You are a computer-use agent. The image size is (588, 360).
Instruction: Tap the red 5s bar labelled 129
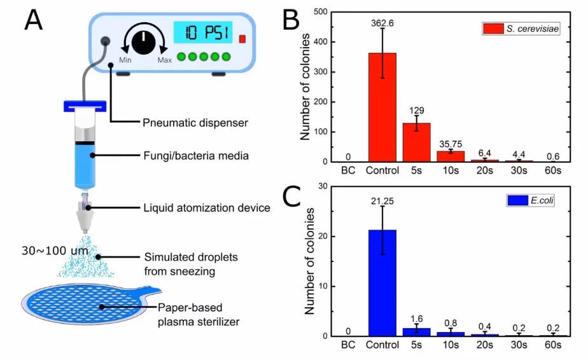[x=416, y=142]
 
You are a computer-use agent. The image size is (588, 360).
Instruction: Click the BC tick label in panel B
[x=348, y=170]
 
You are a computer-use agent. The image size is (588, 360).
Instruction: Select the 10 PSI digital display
[x=203, y=32]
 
